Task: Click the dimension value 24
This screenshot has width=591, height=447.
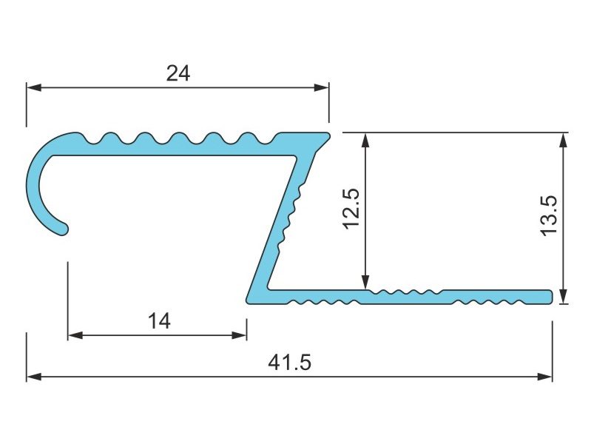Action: coord(178,73)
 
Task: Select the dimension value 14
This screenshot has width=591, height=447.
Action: coord(159,322)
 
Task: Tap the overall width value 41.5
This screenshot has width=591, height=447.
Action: coord(289,363)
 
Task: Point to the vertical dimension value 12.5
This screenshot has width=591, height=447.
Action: coord(351,208)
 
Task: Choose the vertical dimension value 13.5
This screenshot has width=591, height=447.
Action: coord(549,215)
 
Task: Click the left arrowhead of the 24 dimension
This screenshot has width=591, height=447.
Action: coord(34,88)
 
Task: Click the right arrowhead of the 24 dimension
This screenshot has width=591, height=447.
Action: coord(322,88)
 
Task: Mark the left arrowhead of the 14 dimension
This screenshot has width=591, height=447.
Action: coord(75,335)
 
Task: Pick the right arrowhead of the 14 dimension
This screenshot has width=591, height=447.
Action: coord(240,335)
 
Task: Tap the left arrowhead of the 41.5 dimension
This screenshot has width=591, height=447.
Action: coord(34,377)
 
